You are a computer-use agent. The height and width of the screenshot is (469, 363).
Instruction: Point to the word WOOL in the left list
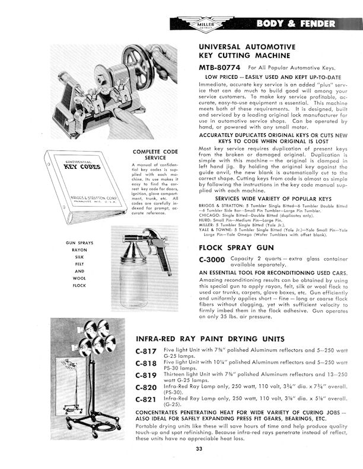80,278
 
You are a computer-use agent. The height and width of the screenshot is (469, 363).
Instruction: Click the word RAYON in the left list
80,249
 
